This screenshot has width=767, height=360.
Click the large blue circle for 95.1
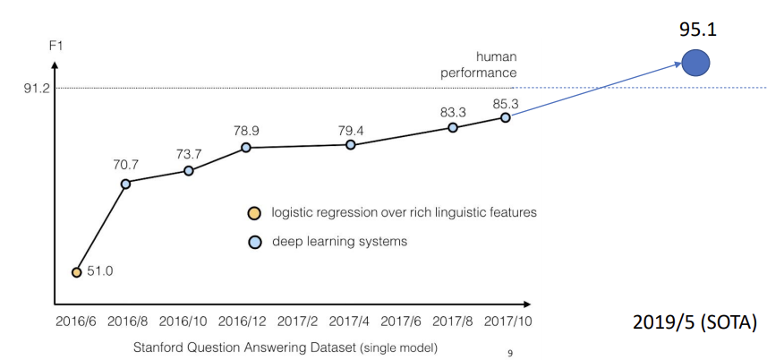[x=695, y=62]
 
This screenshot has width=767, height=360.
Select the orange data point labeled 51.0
[x=77, y=271]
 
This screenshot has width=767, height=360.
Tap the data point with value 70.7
[x=125, y=184]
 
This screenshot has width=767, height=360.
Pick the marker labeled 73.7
[x=189, y=170]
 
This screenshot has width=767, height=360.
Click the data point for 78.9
[x=245, y=147]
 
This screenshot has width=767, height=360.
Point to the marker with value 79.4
[x=350, y=144]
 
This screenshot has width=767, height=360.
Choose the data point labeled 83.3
[x=453, y=127]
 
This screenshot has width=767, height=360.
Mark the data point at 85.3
[x=506, y=117]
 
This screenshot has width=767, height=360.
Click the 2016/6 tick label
[x=76, y=320]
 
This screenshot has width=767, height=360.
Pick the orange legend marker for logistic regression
[x=255, y=213]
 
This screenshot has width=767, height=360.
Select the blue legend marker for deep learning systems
[x=255, y=241]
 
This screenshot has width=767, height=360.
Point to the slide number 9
[x=510, y=352]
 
